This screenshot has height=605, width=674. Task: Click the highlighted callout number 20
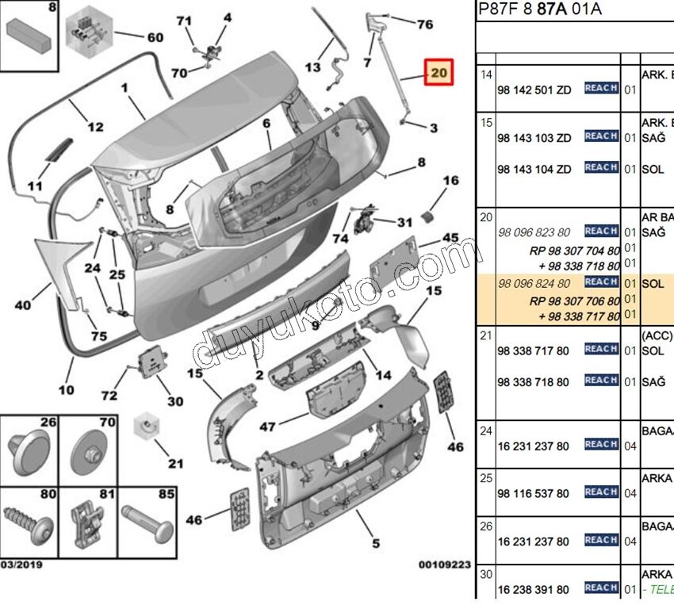point(438,74)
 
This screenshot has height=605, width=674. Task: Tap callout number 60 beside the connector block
point(154,37)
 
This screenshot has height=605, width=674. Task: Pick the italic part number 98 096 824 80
point(534,283)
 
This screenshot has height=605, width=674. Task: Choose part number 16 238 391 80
point(533,589)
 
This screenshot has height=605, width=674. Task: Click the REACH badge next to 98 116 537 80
point(601,492)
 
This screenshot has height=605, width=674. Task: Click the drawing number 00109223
point(445,565)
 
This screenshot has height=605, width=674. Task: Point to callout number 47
point(268,427)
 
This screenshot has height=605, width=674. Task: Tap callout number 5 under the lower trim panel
point(375,543)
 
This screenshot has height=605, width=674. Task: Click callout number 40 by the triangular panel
point(22,304)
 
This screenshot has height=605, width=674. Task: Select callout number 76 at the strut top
point(425,25)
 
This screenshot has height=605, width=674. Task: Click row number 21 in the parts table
point(486,335)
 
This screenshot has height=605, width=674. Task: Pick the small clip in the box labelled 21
point(145,427)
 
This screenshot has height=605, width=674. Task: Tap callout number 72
point(109,395)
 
